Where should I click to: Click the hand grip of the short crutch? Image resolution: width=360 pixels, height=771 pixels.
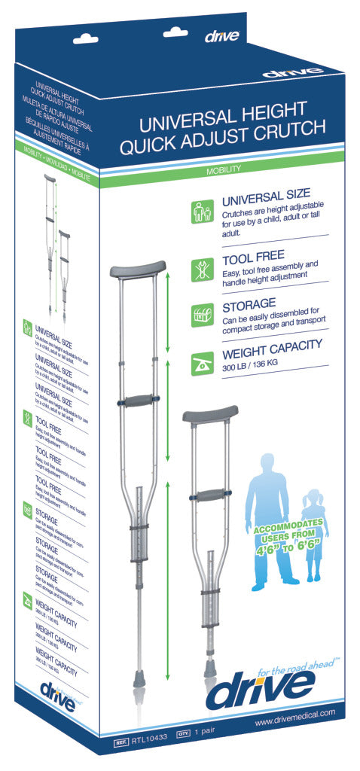point(209,495)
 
